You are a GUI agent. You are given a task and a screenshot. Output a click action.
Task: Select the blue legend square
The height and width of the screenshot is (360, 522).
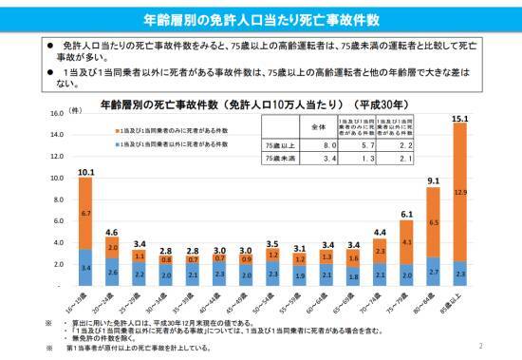[x=111, y=143]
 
